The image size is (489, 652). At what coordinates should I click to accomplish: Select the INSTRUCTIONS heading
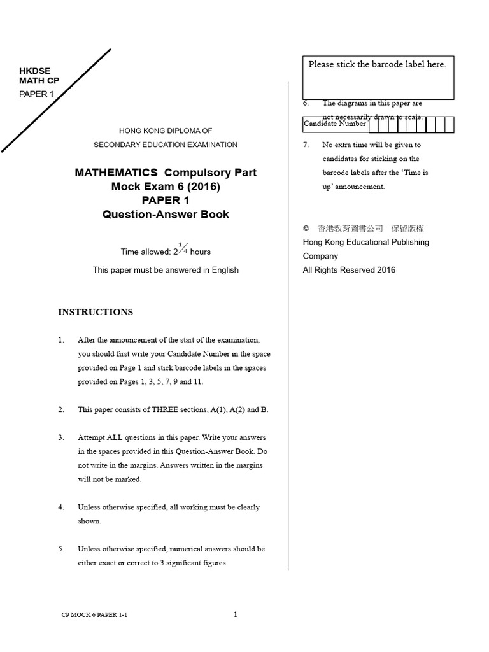pos(96,312)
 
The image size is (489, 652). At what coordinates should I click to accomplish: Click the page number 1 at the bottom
pos(236,614)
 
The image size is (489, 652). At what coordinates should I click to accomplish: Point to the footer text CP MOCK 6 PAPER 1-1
pos(96,615)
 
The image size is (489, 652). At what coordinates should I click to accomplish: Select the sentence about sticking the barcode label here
pos(377,64)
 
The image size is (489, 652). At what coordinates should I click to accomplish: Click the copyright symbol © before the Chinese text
pos(306,228)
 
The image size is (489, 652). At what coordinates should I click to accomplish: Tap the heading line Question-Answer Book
pos(166,215)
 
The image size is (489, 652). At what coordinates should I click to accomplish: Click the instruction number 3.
pos(61,437)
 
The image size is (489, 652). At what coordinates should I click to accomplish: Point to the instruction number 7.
pos(306,145)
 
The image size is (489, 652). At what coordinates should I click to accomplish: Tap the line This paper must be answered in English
pos(166,270)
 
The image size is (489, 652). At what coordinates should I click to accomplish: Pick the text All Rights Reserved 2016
pos(349,270)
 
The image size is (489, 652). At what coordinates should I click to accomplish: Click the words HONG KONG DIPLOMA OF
pos(166,131)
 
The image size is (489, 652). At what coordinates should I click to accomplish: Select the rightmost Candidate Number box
pos(449,124)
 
